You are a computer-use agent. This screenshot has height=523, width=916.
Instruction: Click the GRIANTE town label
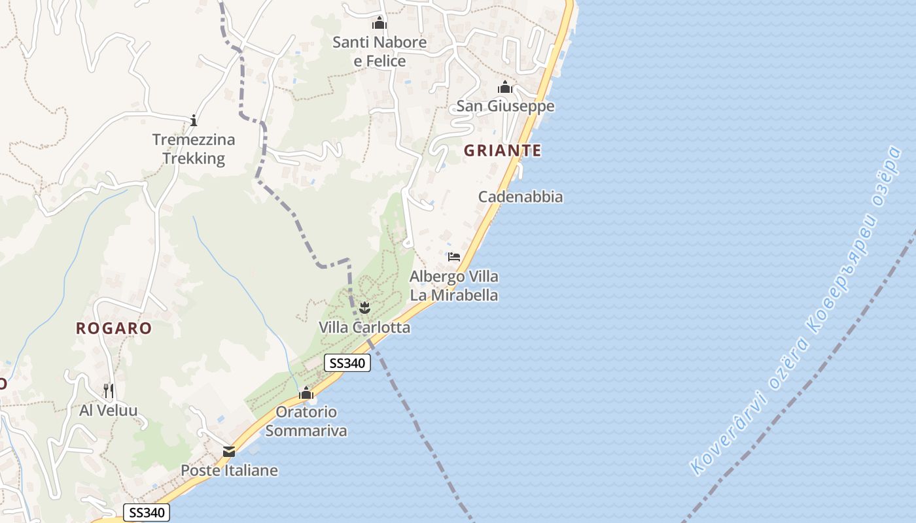[x=502, y=151]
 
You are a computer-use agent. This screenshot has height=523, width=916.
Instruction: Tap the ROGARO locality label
[x=114, y=328]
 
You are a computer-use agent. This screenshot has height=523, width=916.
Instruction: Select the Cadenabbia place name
[x=520, y=197]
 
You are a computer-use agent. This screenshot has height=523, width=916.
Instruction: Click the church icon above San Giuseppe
[x=504, y=87]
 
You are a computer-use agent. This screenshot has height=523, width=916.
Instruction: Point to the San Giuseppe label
[x=505, y=106]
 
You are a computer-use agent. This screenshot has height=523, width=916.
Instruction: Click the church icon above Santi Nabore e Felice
[x=379, y=24]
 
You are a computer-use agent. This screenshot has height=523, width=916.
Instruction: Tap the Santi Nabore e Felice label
[x=379, y=52]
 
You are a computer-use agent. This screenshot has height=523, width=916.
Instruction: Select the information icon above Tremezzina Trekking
[x=193, y=120]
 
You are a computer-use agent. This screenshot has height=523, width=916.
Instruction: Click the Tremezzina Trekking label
[x=194, y=149]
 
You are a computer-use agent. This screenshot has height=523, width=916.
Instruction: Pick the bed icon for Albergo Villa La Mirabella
[x=454, y=256]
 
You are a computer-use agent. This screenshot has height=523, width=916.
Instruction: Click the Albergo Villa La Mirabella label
[x=454, y=286]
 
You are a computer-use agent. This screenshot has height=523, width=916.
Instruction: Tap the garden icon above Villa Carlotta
[x=364, y=307]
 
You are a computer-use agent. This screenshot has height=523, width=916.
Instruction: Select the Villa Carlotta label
[x=364, y=328]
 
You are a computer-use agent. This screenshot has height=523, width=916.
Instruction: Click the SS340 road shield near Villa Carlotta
[x=347, y=363]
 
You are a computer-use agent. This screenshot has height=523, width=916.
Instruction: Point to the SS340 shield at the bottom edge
[x=146, y=513]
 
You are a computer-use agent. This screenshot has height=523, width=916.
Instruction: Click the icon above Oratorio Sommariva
[x=306, y=393]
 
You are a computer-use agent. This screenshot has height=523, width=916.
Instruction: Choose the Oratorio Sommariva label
[x=306, y=422]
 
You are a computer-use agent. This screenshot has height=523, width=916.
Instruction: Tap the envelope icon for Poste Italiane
[x=229, y=451]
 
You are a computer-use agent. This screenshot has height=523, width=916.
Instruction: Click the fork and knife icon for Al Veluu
[x=109, y=391]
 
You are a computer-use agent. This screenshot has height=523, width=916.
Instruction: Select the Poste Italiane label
[x=229, y=471]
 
